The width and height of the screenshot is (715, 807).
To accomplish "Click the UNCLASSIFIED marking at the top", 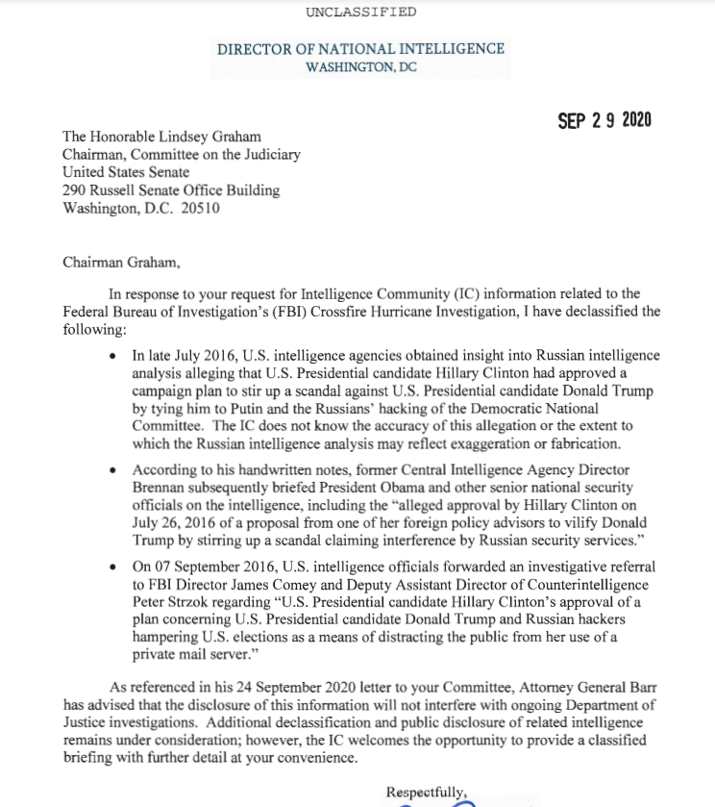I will [x=360, y=12].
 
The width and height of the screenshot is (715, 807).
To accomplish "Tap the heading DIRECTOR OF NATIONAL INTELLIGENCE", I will [x=360, y=49].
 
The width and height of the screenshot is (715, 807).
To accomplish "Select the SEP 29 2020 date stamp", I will [x=604, y=120].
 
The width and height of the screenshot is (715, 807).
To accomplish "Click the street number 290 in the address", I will [x=74, y=190].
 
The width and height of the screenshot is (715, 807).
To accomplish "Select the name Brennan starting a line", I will [x=160, y=488].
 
